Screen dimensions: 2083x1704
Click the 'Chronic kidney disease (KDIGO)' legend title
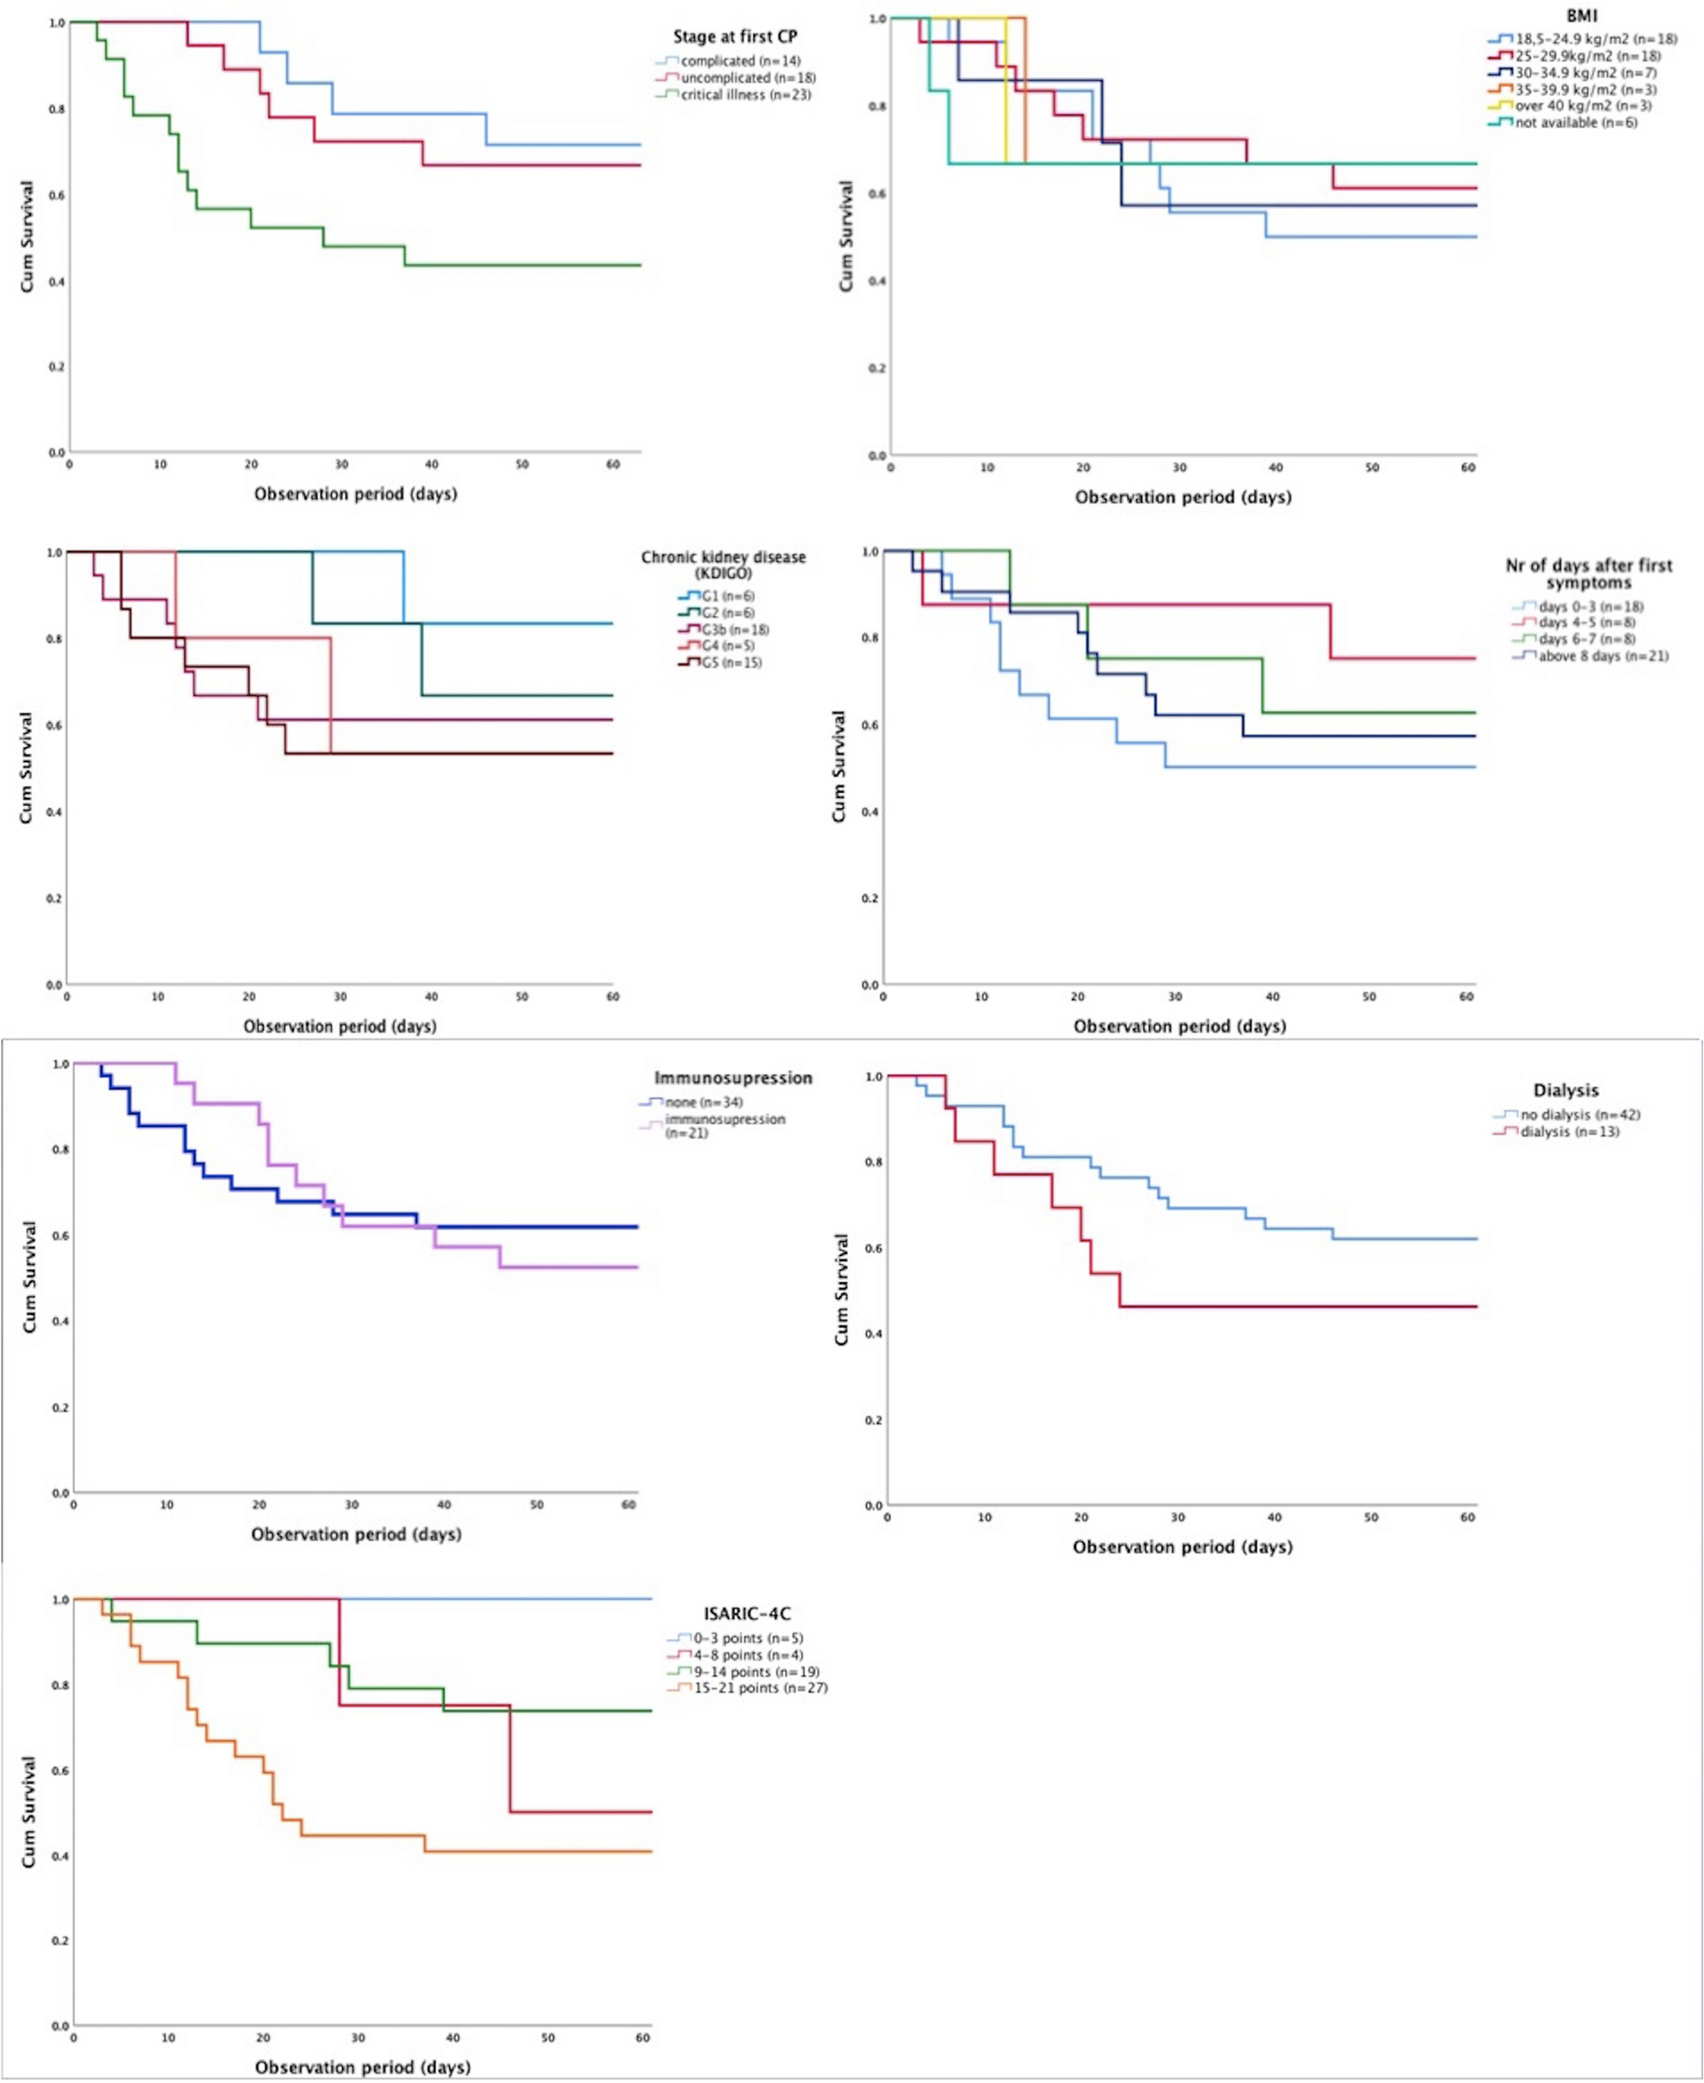coord(723,564)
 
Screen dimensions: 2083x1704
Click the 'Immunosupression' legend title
coord(733,1078)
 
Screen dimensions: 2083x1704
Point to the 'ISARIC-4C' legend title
coord(747,1613)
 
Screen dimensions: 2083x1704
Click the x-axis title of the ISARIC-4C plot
coord(362,2066)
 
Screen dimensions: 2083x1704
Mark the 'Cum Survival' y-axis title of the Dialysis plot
coord(841,1289)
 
